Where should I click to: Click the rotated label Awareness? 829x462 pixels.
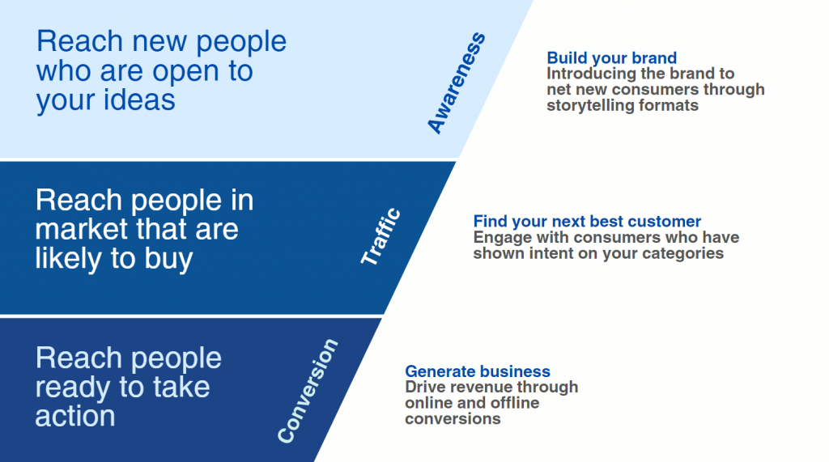pyautogui.click(x=457, y=83)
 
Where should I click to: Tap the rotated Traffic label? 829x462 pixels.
pyautogui.click(x=380, y=236)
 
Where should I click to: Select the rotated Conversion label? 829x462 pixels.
pyautogui.click(x=308, y=391)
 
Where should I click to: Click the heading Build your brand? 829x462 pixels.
pyautogui.click(x=612, y=57)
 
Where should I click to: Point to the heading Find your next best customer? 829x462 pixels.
pyautogui.click(x=587, y=221)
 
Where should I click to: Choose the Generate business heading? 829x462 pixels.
pyautogui.click(x=478, y=371)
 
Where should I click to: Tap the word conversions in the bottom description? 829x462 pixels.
pyautogui.click(x=453, y=419)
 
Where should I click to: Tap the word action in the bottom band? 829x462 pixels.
pyautogui.click(x=75, y=416)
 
